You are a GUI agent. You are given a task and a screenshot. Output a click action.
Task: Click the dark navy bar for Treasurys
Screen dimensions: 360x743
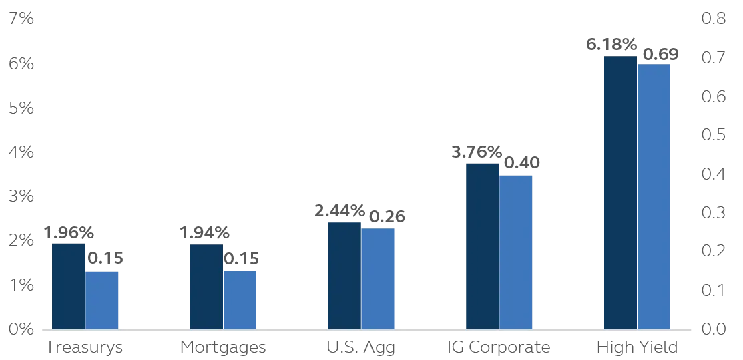[68, 286]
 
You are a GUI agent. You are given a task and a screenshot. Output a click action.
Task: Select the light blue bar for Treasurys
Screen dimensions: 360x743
[102, 300]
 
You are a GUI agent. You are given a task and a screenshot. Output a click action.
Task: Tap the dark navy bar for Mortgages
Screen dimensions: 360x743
[206, 287]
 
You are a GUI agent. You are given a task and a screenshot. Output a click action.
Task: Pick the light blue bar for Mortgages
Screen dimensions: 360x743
[240, 300]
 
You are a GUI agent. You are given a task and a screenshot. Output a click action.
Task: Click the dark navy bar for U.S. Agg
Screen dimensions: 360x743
[344, 275]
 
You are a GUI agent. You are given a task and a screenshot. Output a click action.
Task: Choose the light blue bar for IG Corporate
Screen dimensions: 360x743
[516, 252]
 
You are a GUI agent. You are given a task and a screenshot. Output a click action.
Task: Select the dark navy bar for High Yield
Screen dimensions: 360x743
[620, 192]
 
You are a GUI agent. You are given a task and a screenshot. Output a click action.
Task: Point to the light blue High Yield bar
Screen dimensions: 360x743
[654, 196]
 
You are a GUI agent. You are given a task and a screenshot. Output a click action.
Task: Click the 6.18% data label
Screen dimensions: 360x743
[611, 45]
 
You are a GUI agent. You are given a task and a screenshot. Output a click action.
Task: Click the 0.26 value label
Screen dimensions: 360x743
[387, 217]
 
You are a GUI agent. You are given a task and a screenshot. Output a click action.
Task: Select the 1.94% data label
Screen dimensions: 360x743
[204, 234]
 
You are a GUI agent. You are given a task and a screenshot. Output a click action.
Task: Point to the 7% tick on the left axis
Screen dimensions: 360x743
[22, 19]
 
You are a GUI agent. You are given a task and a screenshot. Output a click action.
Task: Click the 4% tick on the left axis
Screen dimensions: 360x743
[22, 152]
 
